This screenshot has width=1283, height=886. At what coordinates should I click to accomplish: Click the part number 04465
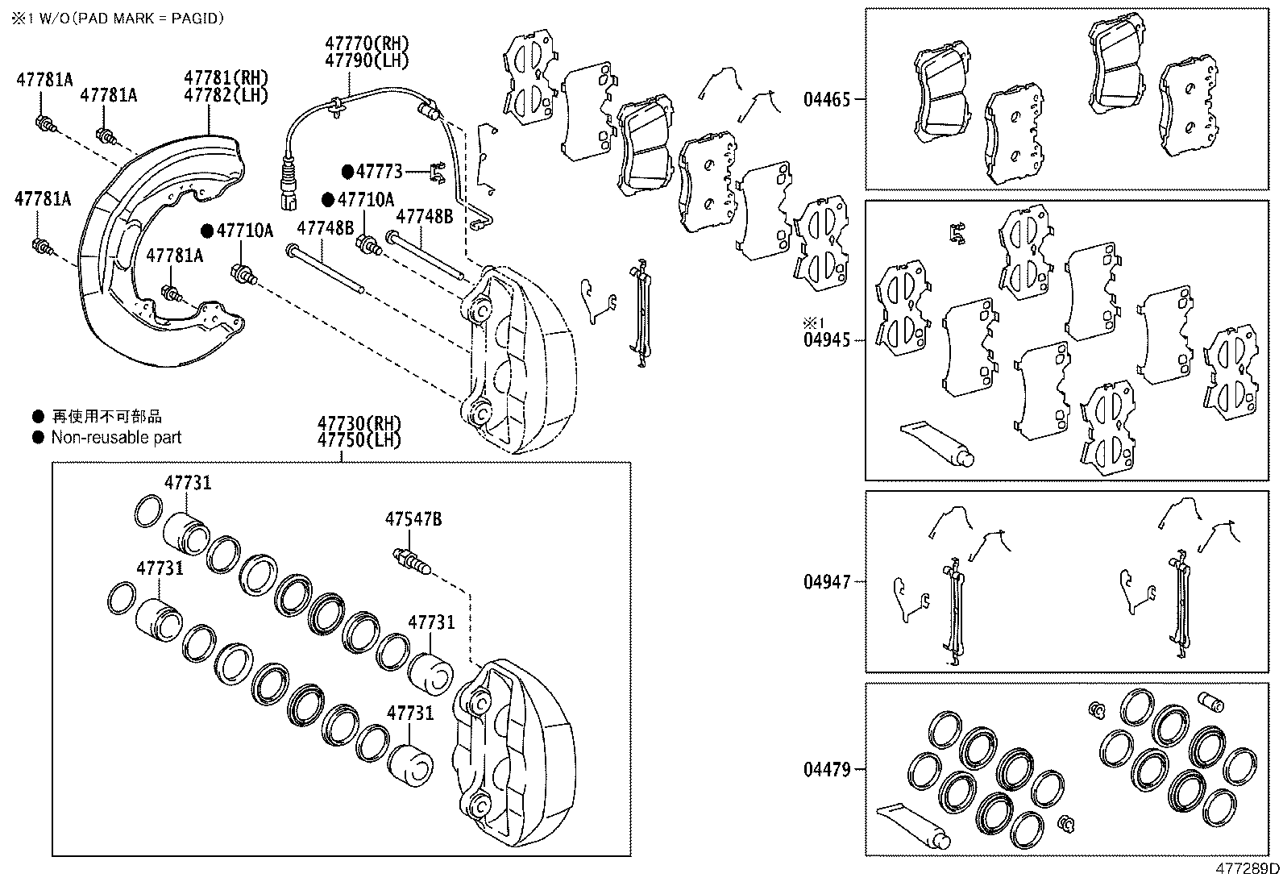(826, 100)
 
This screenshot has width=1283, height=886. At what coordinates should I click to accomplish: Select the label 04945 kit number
(826, 340)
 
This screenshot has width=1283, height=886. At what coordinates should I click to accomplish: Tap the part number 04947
(826, 581)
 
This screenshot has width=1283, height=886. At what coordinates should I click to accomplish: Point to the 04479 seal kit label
(826, 769)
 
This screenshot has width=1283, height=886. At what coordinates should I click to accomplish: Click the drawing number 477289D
(1247, 869)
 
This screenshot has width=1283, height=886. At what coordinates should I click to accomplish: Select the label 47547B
(413, 520)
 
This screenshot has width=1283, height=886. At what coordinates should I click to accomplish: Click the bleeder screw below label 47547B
(413, 560)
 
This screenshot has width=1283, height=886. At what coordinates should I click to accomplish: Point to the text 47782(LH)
(226, 94)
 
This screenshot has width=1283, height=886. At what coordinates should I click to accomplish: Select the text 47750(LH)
(359, 440)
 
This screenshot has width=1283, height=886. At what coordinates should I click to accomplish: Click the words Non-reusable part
(116, 438)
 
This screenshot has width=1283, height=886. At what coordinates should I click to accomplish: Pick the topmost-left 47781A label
(44, 79)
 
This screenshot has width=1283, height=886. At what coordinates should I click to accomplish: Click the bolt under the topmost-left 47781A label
(46, 125)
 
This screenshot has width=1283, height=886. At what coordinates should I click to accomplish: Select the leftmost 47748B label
(326, 228)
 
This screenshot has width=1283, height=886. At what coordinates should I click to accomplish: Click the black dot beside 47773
(347, 171)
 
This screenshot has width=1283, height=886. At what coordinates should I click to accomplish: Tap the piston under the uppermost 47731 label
(187, 533)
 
